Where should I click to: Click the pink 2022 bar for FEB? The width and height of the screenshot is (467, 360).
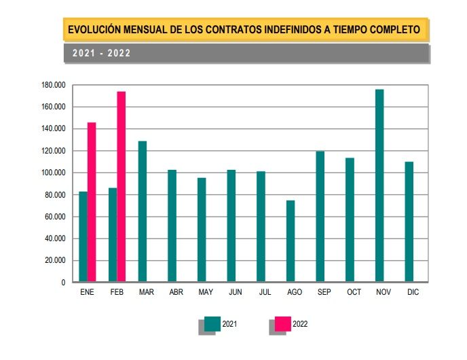click(122, 187)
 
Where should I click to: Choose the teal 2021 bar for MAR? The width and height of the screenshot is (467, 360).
click(143, 211)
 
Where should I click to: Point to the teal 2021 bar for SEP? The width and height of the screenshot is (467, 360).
click(320, 216)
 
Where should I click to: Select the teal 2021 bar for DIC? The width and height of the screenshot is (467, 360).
click(409, 221)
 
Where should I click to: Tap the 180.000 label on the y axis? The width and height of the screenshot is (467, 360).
click(53, 86)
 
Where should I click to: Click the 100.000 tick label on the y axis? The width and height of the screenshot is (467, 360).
click(53, 173)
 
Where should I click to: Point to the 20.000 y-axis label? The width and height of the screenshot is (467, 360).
click(55, 261)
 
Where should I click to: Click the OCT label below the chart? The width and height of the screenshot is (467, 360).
click(354, 293)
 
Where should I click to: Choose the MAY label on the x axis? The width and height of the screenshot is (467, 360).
click(205, 293)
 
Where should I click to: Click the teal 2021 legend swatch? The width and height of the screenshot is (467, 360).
click(212, 324)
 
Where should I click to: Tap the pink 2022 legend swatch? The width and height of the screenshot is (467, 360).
click(283, 324)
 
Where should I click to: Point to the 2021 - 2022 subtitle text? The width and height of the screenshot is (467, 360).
click(102, 53)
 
